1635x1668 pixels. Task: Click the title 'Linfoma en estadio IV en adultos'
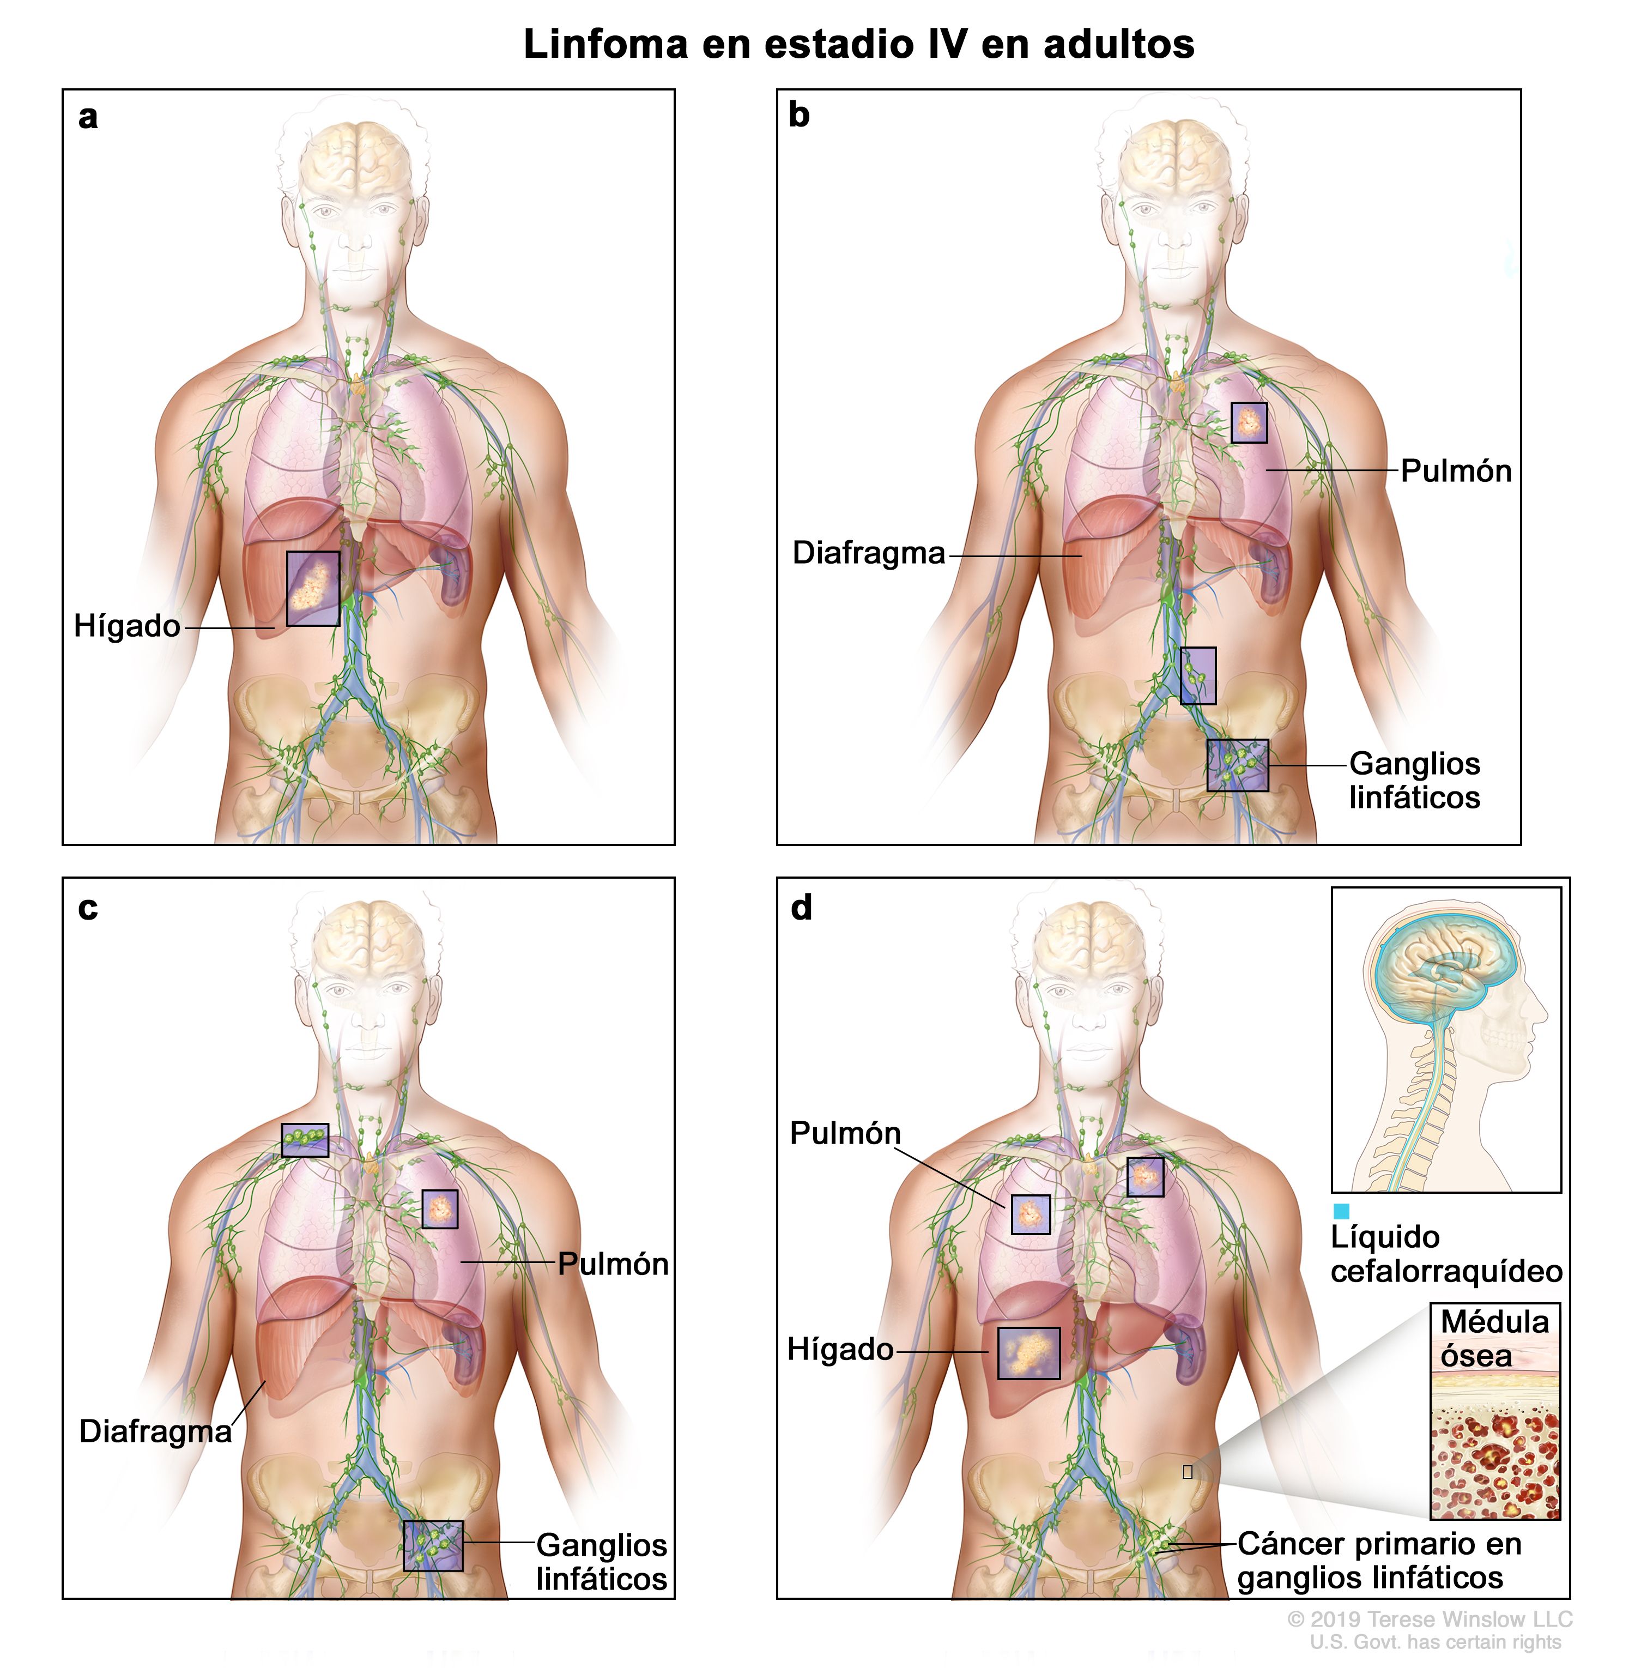pos(859,45)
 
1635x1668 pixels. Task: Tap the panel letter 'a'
pos(88,117)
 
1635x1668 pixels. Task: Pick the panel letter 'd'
pos(801,907)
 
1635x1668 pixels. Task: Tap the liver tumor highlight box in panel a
pos(313,588)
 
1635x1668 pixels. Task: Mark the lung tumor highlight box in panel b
pos(1249,422)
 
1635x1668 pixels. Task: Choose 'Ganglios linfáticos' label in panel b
pos(1414,780)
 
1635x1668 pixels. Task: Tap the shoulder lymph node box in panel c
pos(305,1140)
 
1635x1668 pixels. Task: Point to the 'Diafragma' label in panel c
pos(155,1431)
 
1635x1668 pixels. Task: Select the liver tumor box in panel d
pos(1029,1353)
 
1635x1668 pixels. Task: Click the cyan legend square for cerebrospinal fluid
pos(1341,1211)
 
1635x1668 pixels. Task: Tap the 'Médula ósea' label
pos(1494,1338)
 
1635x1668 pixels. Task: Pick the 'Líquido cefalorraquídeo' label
pos(1446,1254)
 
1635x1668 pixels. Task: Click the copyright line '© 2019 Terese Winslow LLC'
pos(1430,1619)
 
